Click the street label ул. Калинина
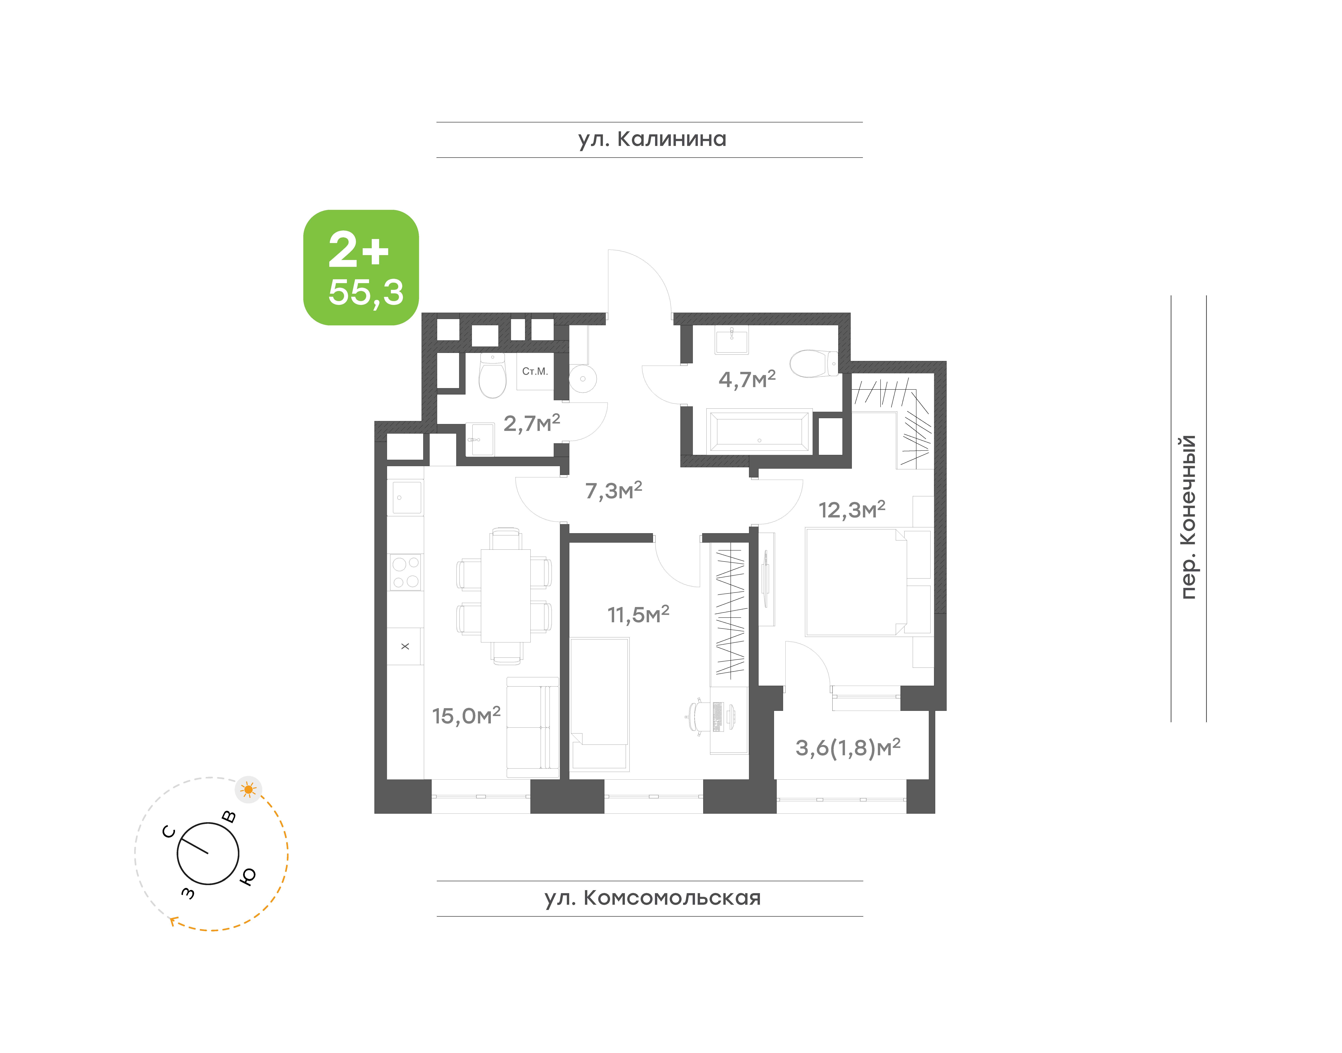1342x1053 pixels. (652, 139)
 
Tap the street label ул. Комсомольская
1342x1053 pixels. (652, 898)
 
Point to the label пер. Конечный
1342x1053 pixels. (1188, 517)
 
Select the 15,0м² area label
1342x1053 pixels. (466, 716)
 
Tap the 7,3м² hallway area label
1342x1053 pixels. (613, 491)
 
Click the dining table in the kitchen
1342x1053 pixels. (505, 596)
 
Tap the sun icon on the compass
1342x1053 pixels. (248, 789)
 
